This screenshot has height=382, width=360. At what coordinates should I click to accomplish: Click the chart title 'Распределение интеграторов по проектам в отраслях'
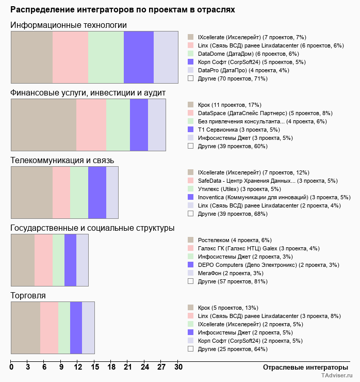(x=123, y=10)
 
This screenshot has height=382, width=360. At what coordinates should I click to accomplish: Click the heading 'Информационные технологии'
(x=69, y=25)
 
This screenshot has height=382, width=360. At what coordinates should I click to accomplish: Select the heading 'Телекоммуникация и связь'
(x=62, y=161)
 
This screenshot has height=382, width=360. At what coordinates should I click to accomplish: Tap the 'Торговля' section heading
(x=28, y=296)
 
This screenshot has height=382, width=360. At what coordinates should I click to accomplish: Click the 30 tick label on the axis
(x=178, y=367)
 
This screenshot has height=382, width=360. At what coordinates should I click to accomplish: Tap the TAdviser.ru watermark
(x=337, y=376)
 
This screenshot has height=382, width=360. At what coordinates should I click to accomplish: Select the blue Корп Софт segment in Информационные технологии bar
(x=139, y=57)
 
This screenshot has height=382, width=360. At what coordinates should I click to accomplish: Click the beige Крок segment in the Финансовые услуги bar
(x=43, y=124)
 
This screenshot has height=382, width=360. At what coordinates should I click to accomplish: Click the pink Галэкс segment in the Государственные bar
(x=43, y=260)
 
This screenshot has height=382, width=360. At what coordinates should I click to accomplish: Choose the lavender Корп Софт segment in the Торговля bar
(x=88, y=327)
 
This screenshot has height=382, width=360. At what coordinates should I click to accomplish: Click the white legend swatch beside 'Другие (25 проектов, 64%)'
(x=190, y=349)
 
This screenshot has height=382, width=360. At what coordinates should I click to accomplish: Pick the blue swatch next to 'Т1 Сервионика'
(x=190, y=130)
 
